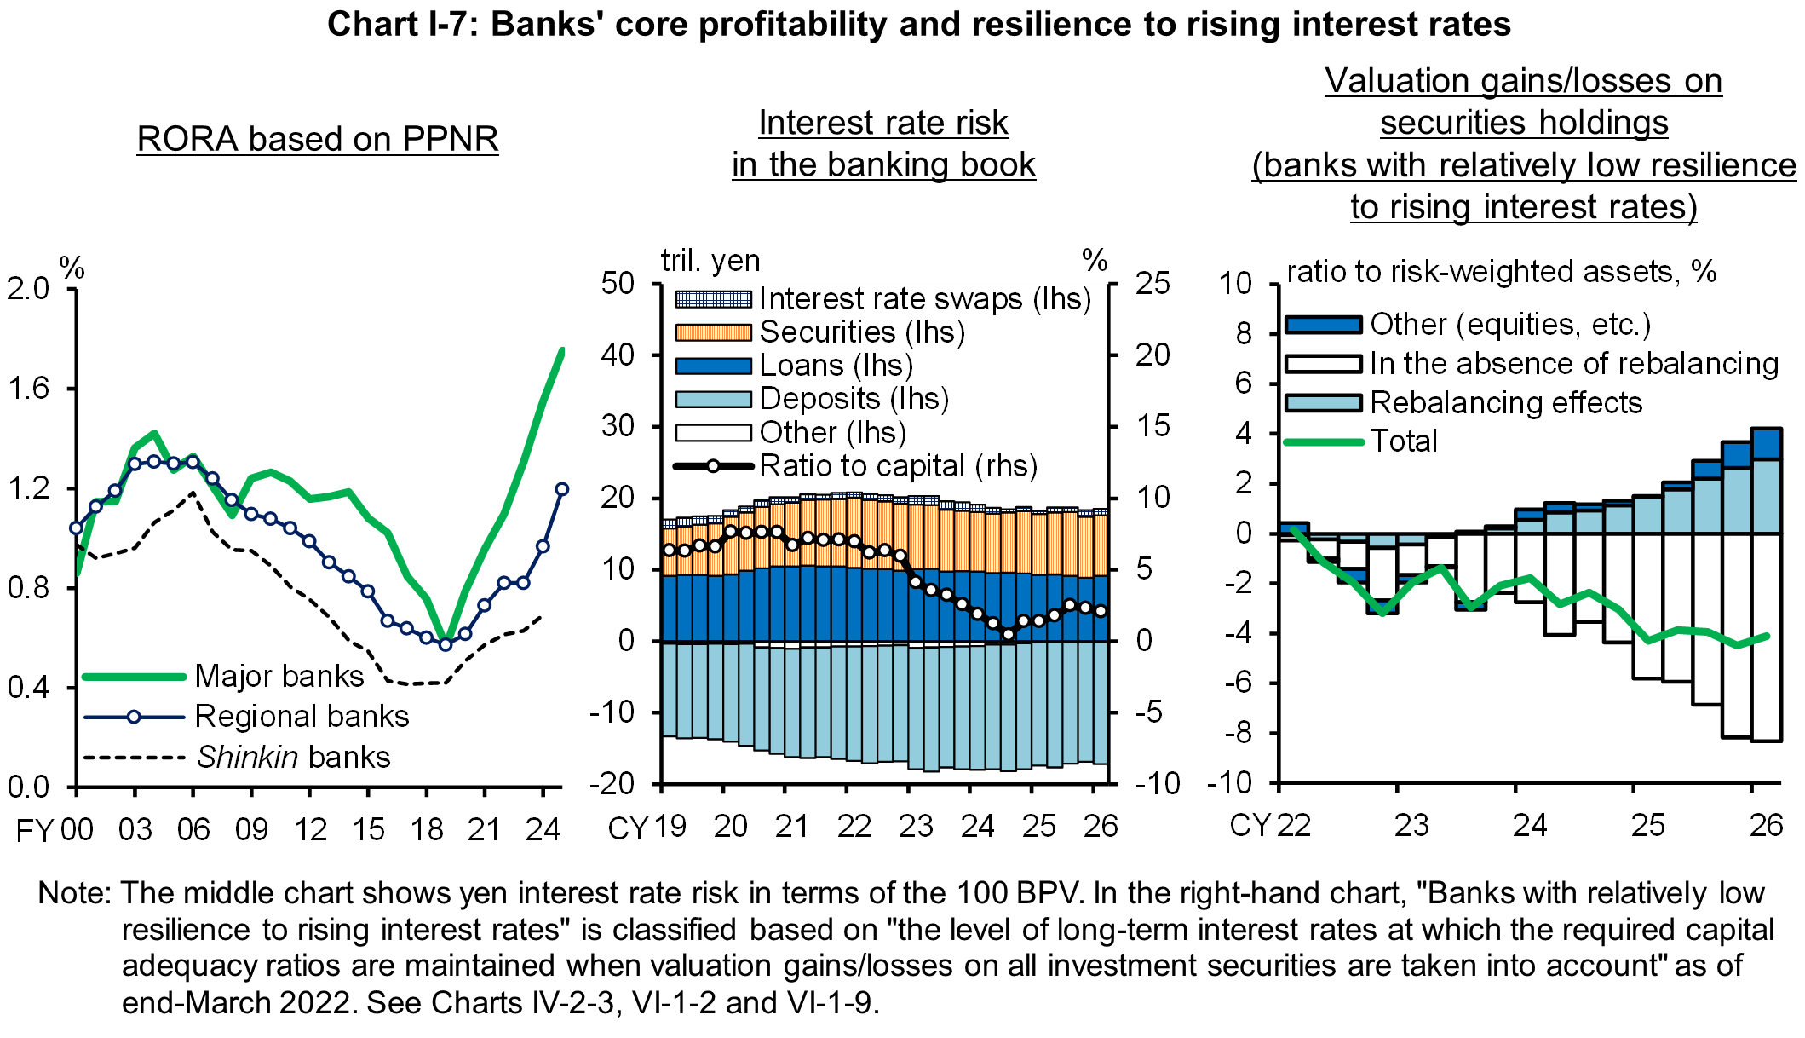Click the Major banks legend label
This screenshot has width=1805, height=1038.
click(x=279, y=677)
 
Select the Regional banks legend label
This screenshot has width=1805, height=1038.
click(x=302, y=717)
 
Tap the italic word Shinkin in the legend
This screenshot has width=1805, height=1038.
click(x=247, y=758)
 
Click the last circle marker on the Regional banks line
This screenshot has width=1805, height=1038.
click(x=561, y=489)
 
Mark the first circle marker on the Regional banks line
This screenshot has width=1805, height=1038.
click(x=77, y=528)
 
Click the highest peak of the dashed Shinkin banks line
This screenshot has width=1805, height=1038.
click(x=194, y=493)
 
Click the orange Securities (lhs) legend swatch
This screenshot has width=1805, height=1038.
click(x=713, y=332)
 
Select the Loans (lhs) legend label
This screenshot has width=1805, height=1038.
click(x=836, y=366)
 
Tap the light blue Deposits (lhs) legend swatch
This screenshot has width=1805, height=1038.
click(x=713, y=399)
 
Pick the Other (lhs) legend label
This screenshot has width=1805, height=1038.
click(x=832, y=433)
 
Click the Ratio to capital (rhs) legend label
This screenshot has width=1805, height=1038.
click(x=898, y=466)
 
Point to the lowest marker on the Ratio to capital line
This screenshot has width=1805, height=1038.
click(x=1009, y=634)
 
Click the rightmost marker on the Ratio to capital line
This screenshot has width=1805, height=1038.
click(x=1101, y=611)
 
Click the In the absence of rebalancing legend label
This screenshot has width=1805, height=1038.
click(x=1573, y=364)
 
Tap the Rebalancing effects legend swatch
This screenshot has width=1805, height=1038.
click(x=1323, y=403)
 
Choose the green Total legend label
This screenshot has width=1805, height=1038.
click(x=1403, y=441)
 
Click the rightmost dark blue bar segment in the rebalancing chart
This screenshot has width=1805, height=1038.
click(x=1766, y=444)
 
